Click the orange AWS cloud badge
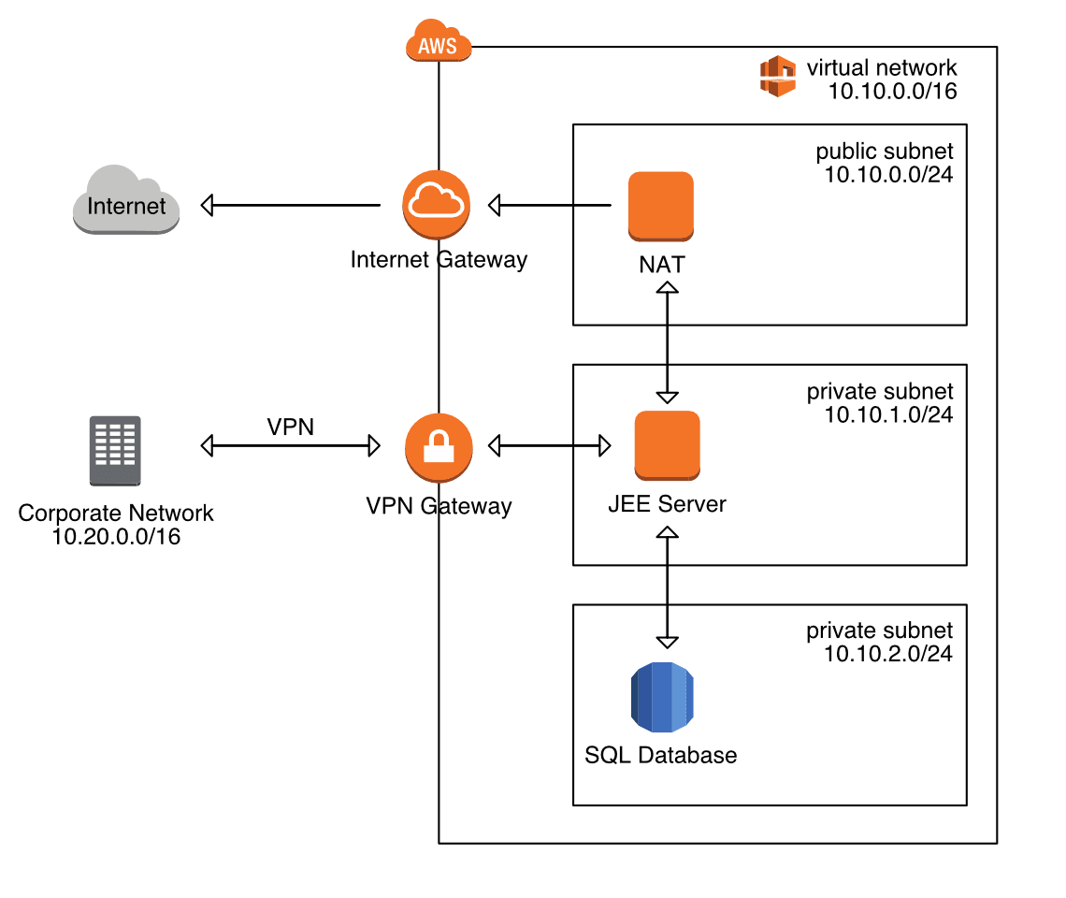(439, 43)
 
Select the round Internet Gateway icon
(437, 204)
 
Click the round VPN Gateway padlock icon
(438, 445)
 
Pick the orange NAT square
(661, 205)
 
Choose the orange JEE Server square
(667, 445)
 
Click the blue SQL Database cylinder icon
(662, 698)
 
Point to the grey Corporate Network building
(116, 451)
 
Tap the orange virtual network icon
(777, 77)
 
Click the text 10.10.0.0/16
(891, 92)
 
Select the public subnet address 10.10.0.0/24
(888, 174)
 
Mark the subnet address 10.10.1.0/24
(888, 414)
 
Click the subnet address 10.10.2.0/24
(888, 654)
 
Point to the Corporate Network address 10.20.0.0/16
(116, 537)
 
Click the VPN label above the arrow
(291, 427)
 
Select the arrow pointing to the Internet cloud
(290, 204)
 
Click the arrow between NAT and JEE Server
(667, 342)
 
